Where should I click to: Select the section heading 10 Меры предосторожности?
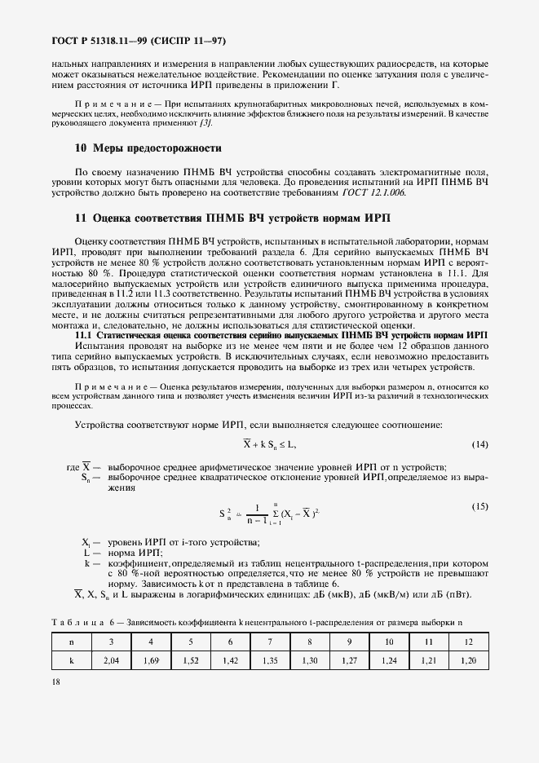point(136,148)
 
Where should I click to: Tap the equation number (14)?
point(479,443)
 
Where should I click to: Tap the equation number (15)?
point(479,506)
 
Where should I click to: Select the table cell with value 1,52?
point(191,661)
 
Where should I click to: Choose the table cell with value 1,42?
point(230,661)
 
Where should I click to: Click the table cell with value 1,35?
point(270,661)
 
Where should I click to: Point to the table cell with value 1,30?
point(310,661)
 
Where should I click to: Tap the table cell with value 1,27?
point(349,661)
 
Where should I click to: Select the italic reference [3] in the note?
point(206,123)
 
